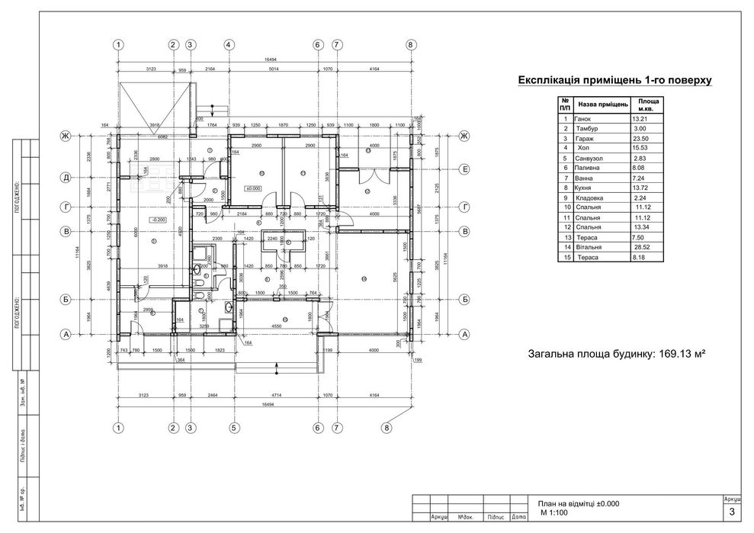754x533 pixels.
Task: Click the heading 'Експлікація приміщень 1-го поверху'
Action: pyautogui.click(x=614, y=79)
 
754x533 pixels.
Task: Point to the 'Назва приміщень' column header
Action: pyautogui.click(x=602, y=104)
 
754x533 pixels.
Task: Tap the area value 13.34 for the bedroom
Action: pyautogui.click(x=642, y=227)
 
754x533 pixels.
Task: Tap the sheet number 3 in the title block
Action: pyautogui.click(x=733, y=512)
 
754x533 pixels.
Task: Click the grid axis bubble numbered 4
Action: pyautogui.click(x=228, y=46)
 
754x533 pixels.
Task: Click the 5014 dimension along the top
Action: pyautogui.click(x=273, y=69)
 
